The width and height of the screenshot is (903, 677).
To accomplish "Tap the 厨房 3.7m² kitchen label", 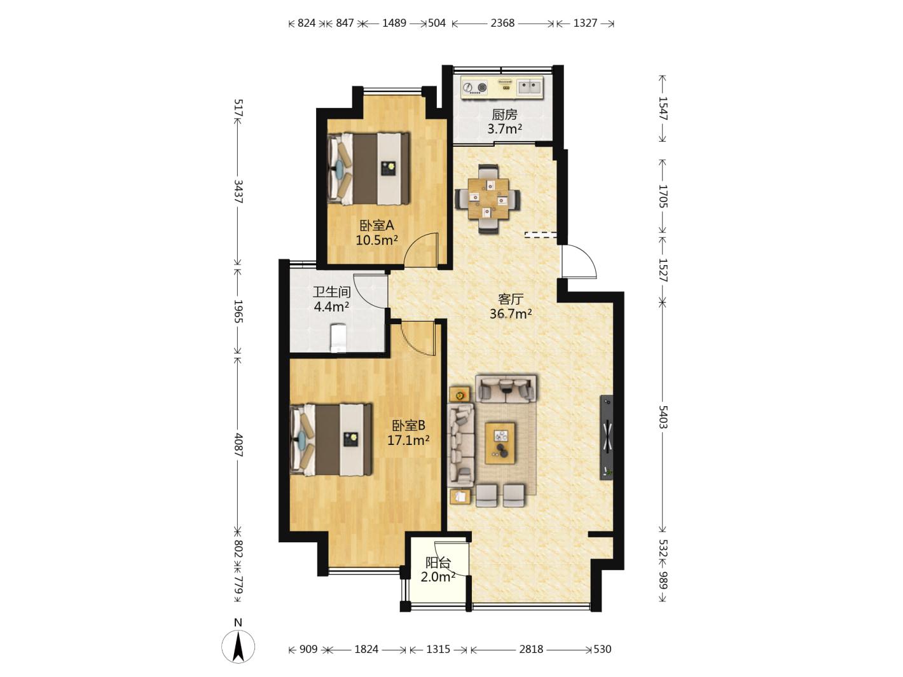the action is (x=504, y=121).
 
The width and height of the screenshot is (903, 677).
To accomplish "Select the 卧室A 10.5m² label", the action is (x=376, y=233).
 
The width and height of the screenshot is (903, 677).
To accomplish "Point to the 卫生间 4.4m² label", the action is (x=331, y=299).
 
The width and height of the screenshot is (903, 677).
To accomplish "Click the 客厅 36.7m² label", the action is (x=511, y=306).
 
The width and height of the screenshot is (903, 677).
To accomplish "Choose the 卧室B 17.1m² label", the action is (x=408, y=433).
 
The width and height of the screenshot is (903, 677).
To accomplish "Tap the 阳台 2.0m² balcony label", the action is (x=438, y=570).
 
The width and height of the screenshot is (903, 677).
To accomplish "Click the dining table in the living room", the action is (x=488, y=199).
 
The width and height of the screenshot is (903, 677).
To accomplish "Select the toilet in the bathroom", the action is (x=338, y=338).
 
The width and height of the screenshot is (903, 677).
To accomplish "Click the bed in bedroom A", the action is (x=369, y=168).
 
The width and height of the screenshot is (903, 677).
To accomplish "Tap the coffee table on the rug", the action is (x=500, y=443).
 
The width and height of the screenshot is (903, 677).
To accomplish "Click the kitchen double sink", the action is (x=529, y=87).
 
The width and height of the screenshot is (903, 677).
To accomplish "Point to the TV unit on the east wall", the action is (x=607, y=437).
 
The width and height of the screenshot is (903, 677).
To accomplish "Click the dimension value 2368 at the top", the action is (x=502, y=23).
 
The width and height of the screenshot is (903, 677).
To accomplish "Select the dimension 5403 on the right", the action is (x=663, y=417).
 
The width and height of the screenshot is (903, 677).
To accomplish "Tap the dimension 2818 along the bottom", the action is (x=531, y=649).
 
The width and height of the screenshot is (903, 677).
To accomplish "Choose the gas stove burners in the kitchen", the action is (x=474, y=88).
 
